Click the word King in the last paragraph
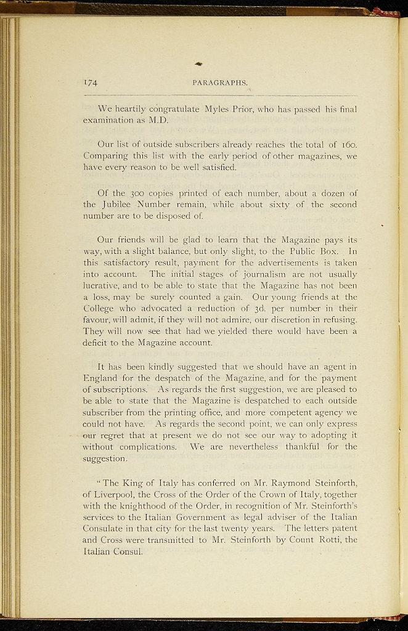pyautogui.click(x=134, y=482)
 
